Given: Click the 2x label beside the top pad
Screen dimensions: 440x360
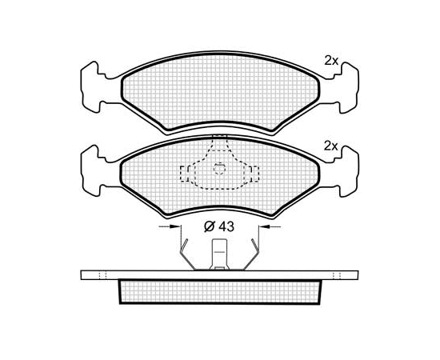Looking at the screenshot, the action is pyautogui.click(x=331, y=61).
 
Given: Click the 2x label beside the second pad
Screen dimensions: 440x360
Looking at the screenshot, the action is pyautogui.click(x=331, y=146).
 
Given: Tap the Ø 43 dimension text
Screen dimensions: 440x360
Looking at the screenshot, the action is pyautogui.click(x=219, y=226).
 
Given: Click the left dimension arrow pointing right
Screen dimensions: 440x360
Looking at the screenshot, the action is pyautogui.click(x=170, y=226).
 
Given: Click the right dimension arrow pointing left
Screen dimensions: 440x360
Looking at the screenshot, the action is pyautogui.click(x=270, y=226).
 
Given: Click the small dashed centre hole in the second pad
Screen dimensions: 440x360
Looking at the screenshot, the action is pyautogui.click(x=219, y=169).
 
